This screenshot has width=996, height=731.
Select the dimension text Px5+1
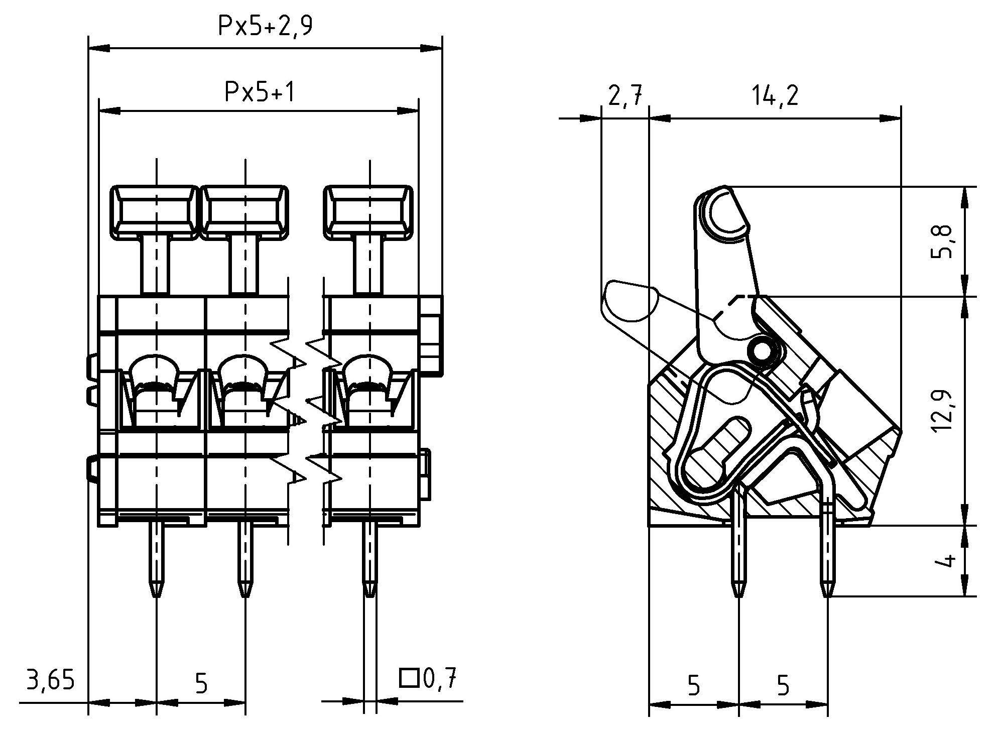click(x=259, y=92)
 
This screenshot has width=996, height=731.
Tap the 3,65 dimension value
click(x=50, y=681)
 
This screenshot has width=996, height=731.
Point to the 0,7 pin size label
click(x=440, y=679)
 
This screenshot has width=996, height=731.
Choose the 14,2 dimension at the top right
click(x=775, y=95)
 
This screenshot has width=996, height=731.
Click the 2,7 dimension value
click(x=625, y=95)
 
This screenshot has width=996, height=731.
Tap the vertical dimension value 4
click(x=946, y=561)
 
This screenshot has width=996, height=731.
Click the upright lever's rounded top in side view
click(x=723, y=213)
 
